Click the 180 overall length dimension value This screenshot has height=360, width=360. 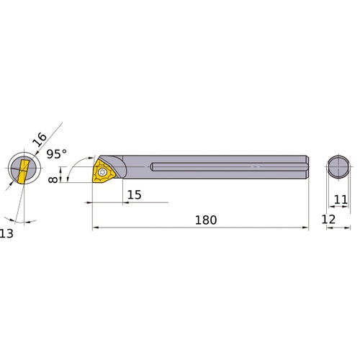click(205, 219)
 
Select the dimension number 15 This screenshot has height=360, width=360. click(134, 195)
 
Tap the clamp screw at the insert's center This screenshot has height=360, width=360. click(105, 173)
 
